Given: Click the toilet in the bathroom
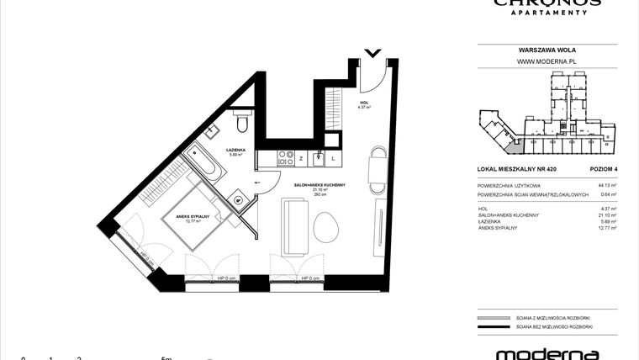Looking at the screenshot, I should click(242, 124).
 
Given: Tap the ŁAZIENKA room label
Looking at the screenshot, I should click(235, 151).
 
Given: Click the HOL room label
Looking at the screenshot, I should click(364, 103).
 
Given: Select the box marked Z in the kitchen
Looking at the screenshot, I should click(300, 157).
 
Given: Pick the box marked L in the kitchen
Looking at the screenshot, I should click(333, 157).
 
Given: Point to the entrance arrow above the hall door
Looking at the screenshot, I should click(373, 54).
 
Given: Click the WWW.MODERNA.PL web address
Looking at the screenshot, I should click(546, 61).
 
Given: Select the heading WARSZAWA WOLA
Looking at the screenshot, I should click(546, 50).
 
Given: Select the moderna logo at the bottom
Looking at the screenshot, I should click(546, 353).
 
